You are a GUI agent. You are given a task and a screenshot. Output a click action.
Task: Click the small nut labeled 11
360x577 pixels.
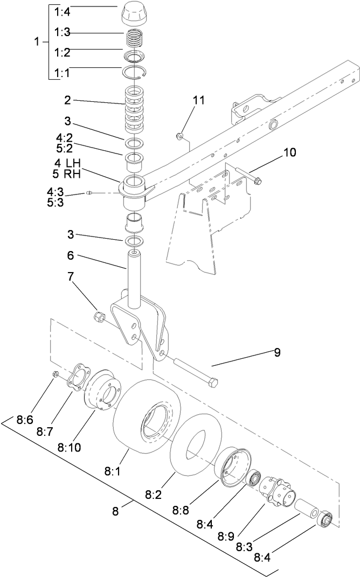182,135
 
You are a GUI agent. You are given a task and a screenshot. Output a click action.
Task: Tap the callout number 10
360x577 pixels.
289,152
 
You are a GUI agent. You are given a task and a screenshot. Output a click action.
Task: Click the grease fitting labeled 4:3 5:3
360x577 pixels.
91,193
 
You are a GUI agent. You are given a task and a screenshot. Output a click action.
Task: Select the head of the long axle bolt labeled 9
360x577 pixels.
213,383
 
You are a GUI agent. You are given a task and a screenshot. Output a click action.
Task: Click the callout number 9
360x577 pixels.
277,353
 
